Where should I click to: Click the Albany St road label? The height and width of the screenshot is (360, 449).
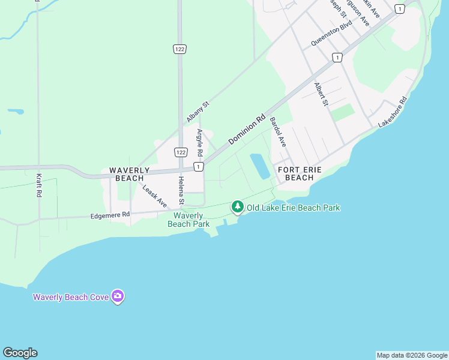[x=197, y=112]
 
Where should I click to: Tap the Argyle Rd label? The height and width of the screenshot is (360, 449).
[x=200, y=143]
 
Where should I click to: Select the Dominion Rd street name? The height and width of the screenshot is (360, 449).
[x=247, y=130]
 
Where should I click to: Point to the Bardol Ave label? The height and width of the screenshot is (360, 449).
[x=278, y=133]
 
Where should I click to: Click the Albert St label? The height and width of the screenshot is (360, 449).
[x=322, y=94]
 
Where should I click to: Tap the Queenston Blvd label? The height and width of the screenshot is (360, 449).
[x=331, y=35]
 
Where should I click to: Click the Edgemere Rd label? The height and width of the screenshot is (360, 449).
[x=110, y=215]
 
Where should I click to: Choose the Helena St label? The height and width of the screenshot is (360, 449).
[x=180, y=190]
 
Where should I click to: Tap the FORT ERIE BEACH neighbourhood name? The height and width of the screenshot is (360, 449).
[x=300, y=174]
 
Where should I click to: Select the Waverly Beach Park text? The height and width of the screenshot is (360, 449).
[x=189, y=220]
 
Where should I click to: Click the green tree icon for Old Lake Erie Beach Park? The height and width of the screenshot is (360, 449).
[x=238, y=207]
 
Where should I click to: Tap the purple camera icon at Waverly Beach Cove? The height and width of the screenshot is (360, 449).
[x=118, y=296]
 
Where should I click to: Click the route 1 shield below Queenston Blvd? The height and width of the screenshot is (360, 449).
[x=337, y=58]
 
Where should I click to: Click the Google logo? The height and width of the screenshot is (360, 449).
[x=20, y=353]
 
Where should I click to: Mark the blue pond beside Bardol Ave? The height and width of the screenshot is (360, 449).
[x=260, y=166]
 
